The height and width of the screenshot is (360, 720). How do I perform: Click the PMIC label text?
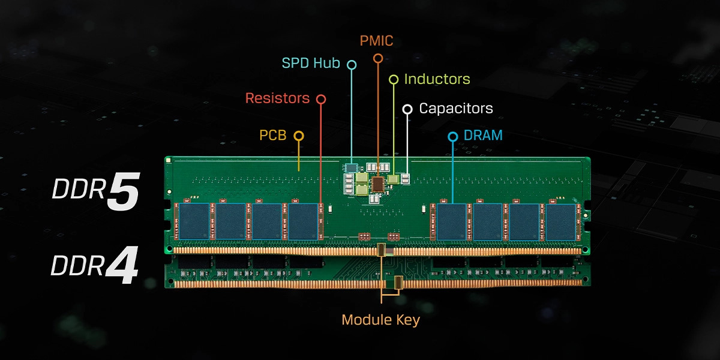pyautogui.click(x=377, y=41)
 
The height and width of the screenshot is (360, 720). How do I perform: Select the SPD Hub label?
pyautogui.click(x=311, y=64)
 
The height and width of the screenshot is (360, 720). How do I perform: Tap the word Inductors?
pyautogui.click(x=437, y=79)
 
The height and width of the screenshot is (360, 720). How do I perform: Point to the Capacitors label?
pyautogui.click(x=455, y=109)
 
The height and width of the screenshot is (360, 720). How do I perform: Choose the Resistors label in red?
pyautogui.click(x=277, y=98)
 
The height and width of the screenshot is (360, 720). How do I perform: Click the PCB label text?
pyautogui.click(x=272, y=136)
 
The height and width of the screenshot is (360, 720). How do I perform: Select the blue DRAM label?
pyautogui.click(x=483, y=136)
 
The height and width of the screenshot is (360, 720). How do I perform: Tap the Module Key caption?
pyautogui.click(x=380, y=320)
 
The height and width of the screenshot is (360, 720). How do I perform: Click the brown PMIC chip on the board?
pyautogui.click(x=378, y=184)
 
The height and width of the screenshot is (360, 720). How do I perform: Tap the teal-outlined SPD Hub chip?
pyautogui.click(x=351, y=167)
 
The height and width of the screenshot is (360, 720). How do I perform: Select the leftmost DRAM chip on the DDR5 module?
pyautogui.click(x=194, y=221)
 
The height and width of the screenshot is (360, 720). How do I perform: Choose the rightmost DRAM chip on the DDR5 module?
pyautogui.click(x=560, y=221)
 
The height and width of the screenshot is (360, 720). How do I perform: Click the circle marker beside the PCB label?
pyautogui.click(x=298, y=136)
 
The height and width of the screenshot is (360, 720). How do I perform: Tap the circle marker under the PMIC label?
pyautogui.click(x=377, y=58)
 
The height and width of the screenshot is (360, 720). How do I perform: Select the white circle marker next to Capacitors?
pyautogui.click(x=407, y=109)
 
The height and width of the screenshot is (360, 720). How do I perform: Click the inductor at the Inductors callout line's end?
pyautogui.click(x=394, y=179)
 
